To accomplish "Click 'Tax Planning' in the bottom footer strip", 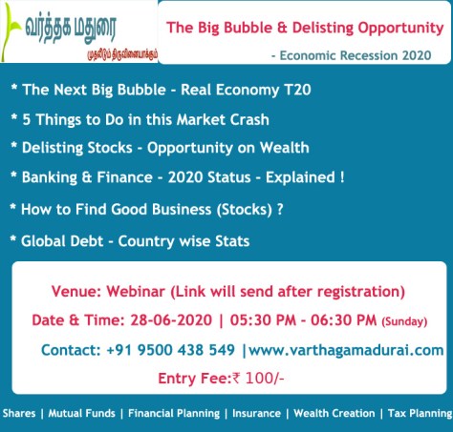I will point(419,414).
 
